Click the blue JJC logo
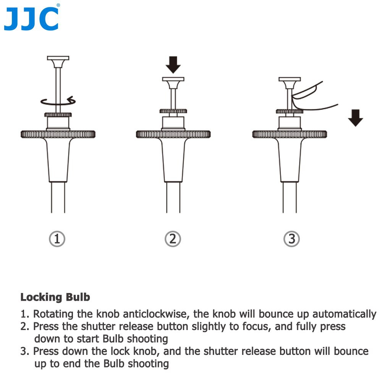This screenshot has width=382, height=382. tap(32, 18)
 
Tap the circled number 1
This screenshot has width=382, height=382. tap(57, 239)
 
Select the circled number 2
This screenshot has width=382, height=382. tap(173, 239)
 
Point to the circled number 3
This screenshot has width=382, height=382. tap(291, 239)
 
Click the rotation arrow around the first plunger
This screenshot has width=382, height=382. tap(58, 104)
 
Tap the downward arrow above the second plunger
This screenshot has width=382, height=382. tap(173, 65)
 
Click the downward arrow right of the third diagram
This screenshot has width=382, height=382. tap(355, 118)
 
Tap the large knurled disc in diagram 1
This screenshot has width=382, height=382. tap(58, 134)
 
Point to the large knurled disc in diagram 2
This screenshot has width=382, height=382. tap(173, 134)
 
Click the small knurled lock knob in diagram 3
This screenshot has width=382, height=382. tap(290, 112)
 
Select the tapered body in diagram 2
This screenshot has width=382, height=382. tap(173, 160)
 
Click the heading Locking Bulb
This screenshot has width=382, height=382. tap(55, 297)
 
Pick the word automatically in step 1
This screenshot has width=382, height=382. tap(345, 314)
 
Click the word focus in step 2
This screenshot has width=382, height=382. tap(257, 327)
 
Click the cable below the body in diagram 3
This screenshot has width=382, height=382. tap(290, 197)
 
